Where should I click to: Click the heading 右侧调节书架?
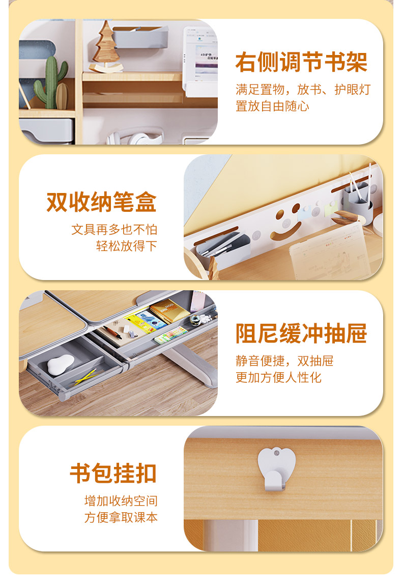[301, 62]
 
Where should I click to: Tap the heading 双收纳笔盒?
[101, 202]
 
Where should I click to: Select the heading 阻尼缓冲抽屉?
[301, 334]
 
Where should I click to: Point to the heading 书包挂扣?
[113, 473]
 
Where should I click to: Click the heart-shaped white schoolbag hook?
[276, 469]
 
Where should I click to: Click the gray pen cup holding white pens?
[357, 201]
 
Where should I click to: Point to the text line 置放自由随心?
[272, 106]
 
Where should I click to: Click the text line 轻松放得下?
[127, 245]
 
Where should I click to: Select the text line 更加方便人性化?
[279, 378]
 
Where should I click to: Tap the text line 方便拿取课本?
[121, 517]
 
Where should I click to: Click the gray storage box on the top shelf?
[140, 37]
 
